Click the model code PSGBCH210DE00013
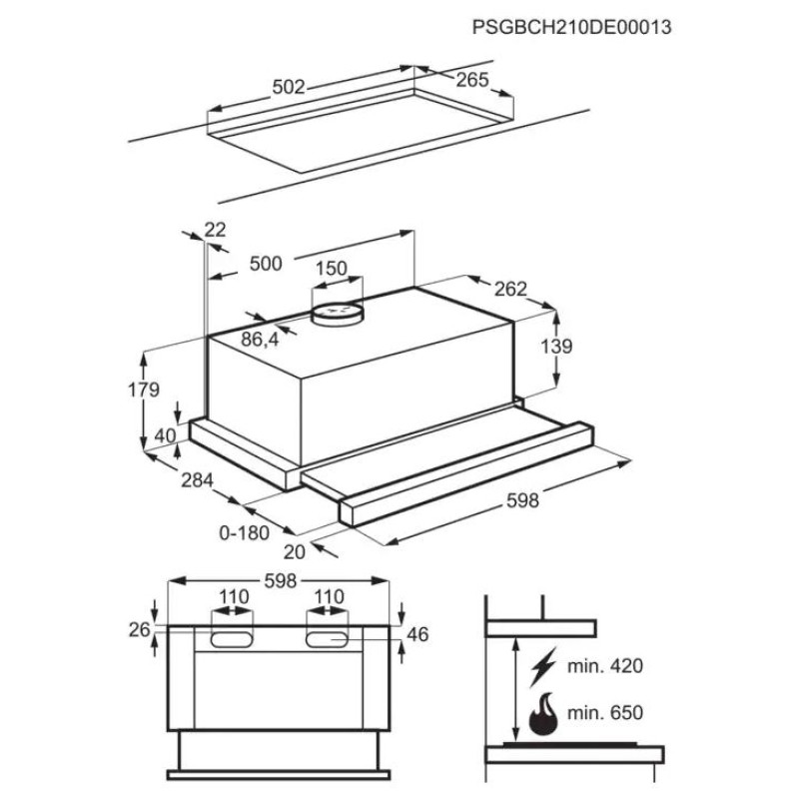pos(571,27)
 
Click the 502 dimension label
pos(289,87)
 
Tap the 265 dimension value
pos(472,80)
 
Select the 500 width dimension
pos(266,264)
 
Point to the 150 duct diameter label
pos(332,269)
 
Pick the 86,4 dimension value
pos(260,339)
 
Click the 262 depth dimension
pos(510,289)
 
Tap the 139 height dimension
pos(556,346)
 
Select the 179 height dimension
pos(144,390)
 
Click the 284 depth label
pos(197,480)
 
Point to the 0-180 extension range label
pos(244,533)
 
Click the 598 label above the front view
pos(281,581)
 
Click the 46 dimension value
pos(417,634)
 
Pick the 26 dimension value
pos(139,630)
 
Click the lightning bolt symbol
pos(542,667)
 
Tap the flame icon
pos(543,713)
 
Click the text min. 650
pos(605,712)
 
